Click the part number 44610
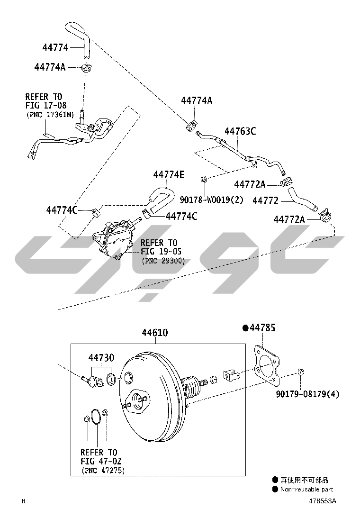tap(154, 332)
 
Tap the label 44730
tap(101, 357)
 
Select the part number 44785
tap(262, 327)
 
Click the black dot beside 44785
tap(245, 327)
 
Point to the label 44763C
tap(240, 131)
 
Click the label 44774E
tap(169, 175)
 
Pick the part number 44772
tap(265, 200)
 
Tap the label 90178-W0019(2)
tap(212, 200)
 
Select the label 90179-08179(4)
tap(307, 394)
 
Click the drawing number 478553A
tap(323, 501)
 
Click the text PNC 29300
tap(163, 261)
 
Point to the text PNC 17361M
tap(50, 115)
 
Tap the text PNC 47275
tap(103, 471)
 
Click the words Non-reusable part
tap(306, 490)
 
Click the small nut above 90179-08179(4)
tap(301, 372)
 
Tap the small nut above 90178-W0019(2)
tap(203, 178)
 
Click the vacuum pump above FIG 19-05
tap(114, 237)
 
